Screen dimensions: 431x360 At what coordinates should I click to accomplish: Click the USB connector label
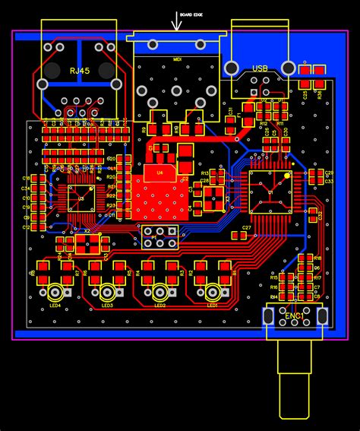pyautogui.click(x=261, y=69)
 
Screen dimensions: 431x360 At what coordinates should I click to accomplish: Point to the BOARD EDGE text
pyautogui.click(x=191, y=14)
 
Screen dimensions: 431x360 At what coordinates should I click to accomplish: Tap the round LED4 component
pyautogui.click(x=55, y=292)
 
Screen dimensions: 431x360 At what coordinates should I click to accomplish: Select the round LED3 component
pyautogui.click(x=107, y=292)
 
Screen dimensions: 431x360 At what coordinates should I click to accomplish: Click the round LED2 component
pyautogui.click(x=159, y=292)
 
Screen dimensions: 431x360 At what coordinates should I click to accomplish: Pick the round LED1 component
pyautogui.click(x=212, y=292)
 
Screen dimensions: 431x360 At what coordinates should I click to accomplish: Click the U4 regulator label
pyautogui.click(x=159, y=173)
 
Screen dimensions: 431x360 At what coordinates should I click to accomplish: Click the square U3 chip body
pyautogui.click(x=80, y=197)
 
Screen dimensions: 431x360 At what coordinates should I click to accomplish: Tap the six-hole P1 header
pyautogui.click(x=160, y=238)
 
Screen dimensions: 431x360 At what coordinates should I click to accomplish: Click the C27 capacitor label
pyautogui.click(x=246, y=228)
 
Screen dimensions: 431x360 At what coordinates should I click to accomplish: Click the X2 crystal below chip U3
pyautogui.click(x=87, y=243)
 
